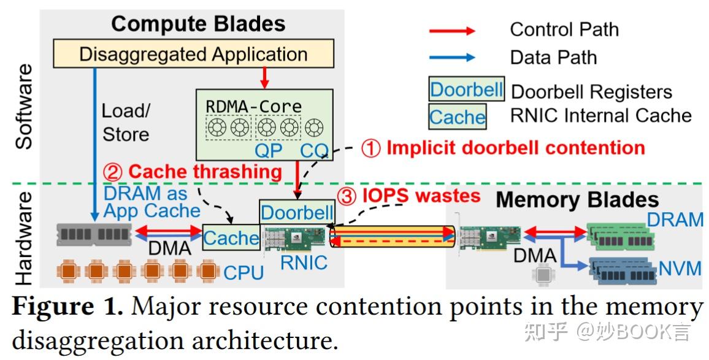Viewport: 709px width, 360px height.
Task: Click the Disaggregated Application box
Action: [193, 54]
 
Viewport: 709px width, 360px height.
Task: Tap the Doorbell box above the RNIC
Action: [297, 212]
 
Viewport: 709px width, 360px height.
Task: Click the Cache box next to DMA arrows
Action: [231, 237]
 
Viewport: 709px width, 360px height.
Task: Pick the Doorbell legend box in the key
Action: [466, 90]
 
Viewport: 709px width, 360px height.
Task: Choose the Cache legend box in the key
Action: [457, 117]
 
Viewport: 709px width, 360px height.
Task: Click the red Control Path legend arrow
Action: [451, 30]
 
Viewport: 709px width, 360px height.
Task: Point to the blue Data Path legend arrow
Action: [451, 58]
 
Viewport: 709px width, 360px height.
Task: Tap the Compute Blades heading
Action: [198, 24]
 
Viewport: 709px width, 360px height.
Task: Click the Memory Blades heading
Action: [577, 199]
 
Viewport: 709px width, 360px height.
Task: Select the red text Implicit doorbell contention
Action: [515, 148]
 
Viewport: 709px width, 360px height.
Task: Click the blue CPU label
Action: [243, 272]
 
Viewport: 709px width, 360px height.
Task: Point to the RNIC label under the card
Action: [304, 262]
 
